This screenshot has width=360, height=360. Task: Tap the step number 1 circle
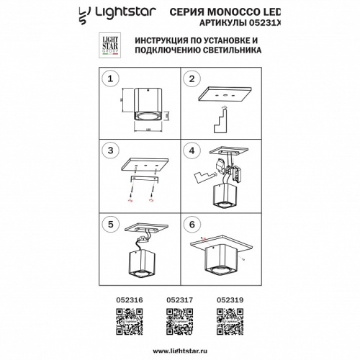110,78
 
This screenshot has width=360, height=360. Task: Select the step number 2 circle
192,78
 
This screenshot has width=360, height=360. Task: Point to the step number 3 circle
110,150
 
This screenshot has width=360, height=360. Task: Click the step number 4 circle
192,150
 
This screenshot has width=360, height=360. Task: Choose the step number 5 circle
110,223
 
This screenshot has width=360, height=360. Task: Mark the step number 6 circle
192,223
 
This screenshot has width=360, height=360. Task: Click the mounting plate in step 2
223,96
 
